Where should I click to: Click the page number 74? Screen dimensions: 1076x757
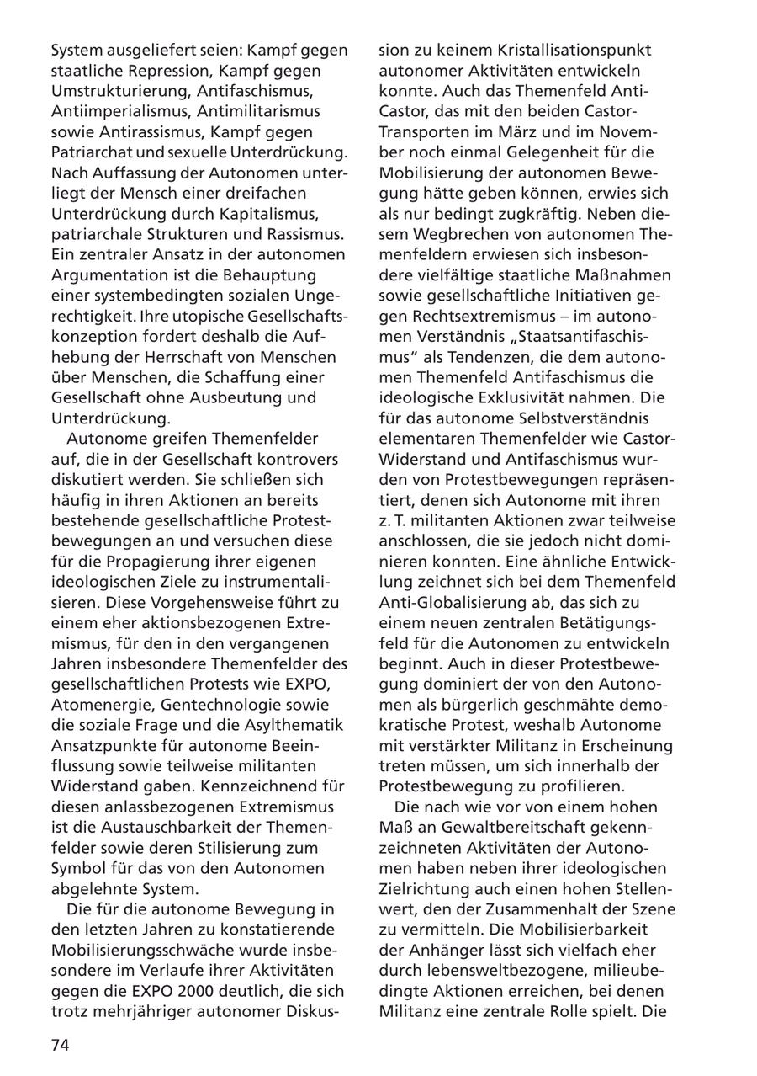pyautogui.click(x=61, y=1046)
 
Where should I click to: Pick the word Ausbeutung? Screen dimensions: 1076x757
pyautogui.click(x=222, y=397)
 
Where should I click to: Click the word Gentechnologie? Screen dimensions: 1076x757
pyautogui.click(x=225, y=704)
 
